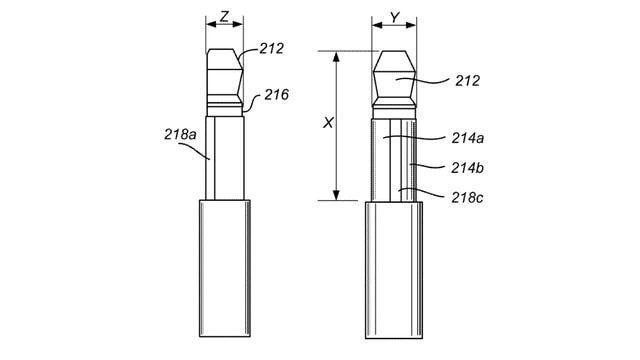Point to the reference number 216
click(277, 95)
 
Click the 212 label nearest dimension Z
click(272, 46)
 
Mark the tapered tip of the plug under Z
click(225, 70)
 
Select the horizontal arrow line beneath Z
click(225, 24)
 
